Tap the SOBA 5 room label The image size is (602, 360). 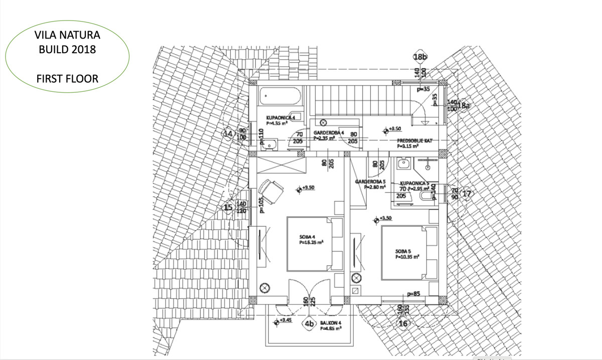(403, 250)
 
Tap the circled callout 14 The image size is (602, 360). (229, 134)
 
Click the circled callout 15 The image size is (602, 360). (229, 208)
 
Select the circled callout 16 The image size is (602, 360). (403, 324)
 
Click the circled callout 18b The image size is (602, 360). (420, 57)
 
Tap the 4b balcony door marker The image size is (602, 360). (309, 324)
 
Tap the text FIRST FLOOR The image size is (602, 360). (67, 79)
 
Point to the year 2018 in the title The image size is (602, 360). (84, 50)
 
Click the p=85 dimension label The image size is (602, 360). (414, 294)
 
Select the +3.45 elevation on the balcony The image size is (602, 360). (285, 320)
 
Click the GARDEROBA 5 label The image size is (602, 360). (370, 181)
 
